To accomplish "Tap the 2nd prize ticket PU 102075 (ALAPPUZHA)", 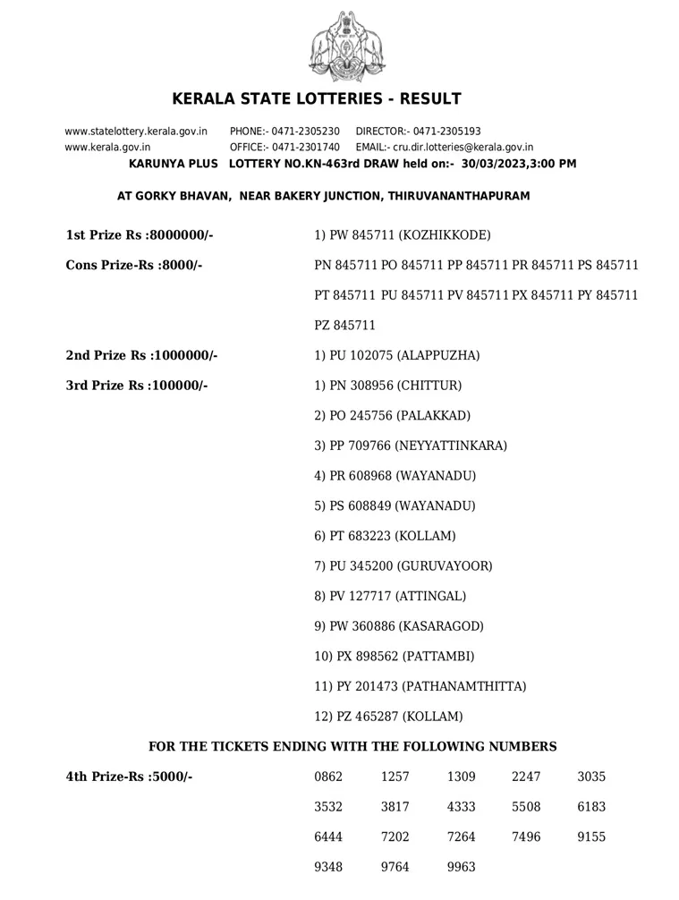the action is [397, 355].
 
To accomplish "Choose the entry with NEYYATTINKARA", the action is [411, 446].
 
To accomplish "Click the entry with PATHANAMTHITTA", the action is [420, 686].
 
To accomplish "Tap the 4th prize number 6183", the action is [591, 806].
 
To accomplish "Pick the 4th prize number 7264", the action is [460, 836].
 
